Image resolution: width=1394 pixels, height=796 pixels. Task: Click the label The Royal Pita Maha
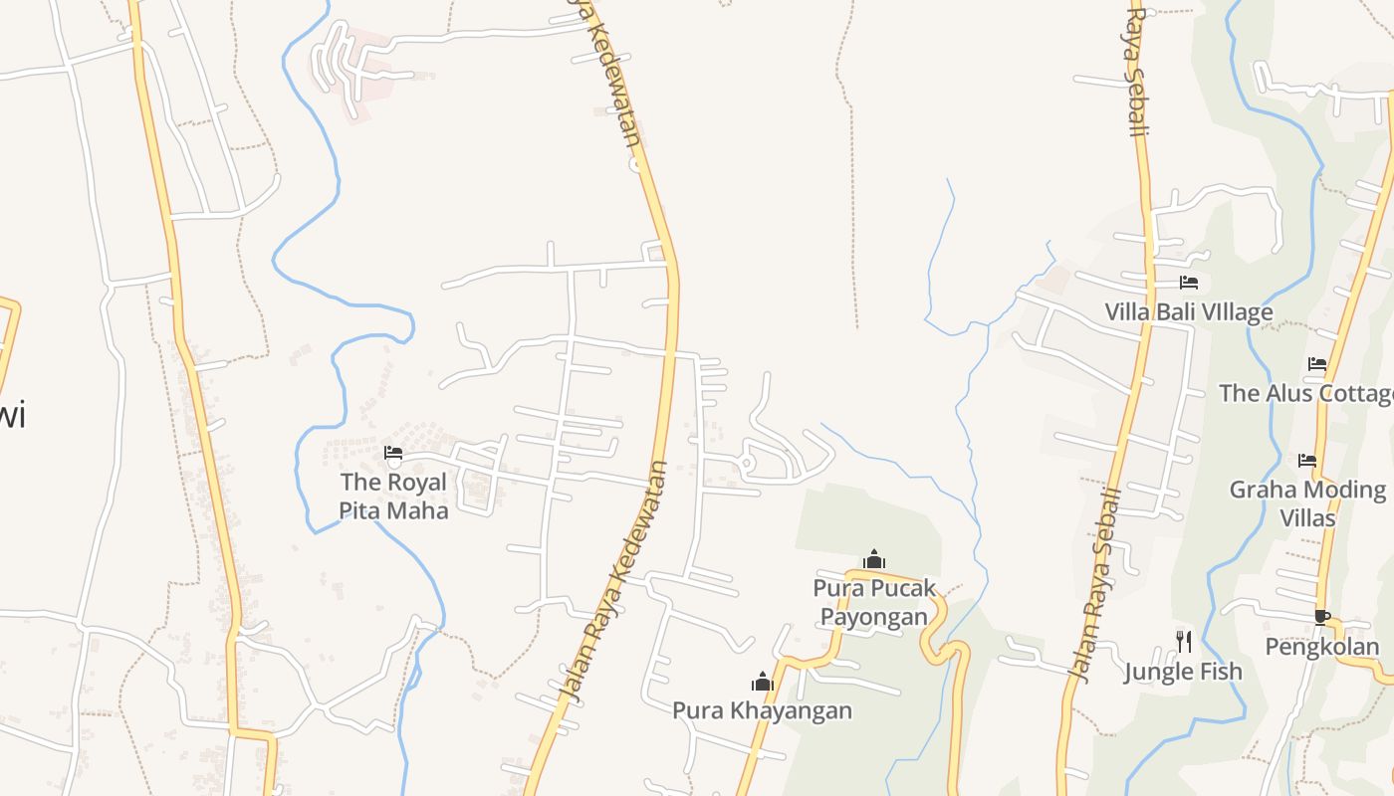pyautogui.click(x=394, y=496)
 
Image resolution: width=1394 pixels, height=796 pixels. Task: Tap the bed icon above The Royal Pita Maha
pyautogui.click(x=393, y=455)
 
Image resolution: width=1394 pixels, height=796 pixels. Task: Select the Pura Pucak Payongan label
pyautogui.click(x=874, y=602)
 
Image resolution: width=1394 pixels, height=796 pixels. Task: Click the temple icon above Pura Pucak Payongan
pyautogui.click(x=874, y=560)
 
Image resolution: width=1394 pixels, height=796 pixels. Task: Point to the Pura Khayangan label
pyautogui.click(x=762, y=710)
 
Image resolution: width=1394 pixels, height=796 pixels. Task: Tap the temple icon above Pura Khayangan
pyautogui.click(x=763, y=682)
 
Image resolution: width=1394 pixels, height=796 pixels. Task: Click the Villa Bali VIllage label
pyautogui.click(x=1188, y=312)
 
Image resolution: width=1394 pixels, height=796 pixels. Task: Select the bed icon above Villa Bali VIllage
pyautogui.click(x=1188, y=283)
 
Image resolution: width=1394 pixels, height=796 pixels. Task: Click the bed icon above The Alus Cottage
pyautogui.click(x=1317, y=364)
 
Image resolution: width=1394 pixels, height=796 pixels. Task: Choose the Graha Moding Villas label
pyautogui.click(x=1307, y=503)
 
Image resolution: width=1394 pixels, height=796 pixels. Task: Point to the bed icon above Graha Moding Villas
pyautogui.click(x=1307, y=460)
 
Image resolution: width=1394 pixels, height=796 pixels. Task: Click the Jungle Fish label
pyautogui.click(x=1183, y=672)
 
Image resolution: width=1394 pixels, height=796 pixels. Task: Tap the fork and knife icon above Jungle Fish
pyautogui.click(x=1183, y=641)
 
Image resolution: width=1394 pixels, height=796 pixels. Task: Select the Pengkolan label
pyautogui.click(x=1322, y=647)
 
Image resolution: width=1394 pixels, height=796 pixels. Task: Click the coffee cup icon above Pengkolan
pyautogui.click(x=1321, y=617)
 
